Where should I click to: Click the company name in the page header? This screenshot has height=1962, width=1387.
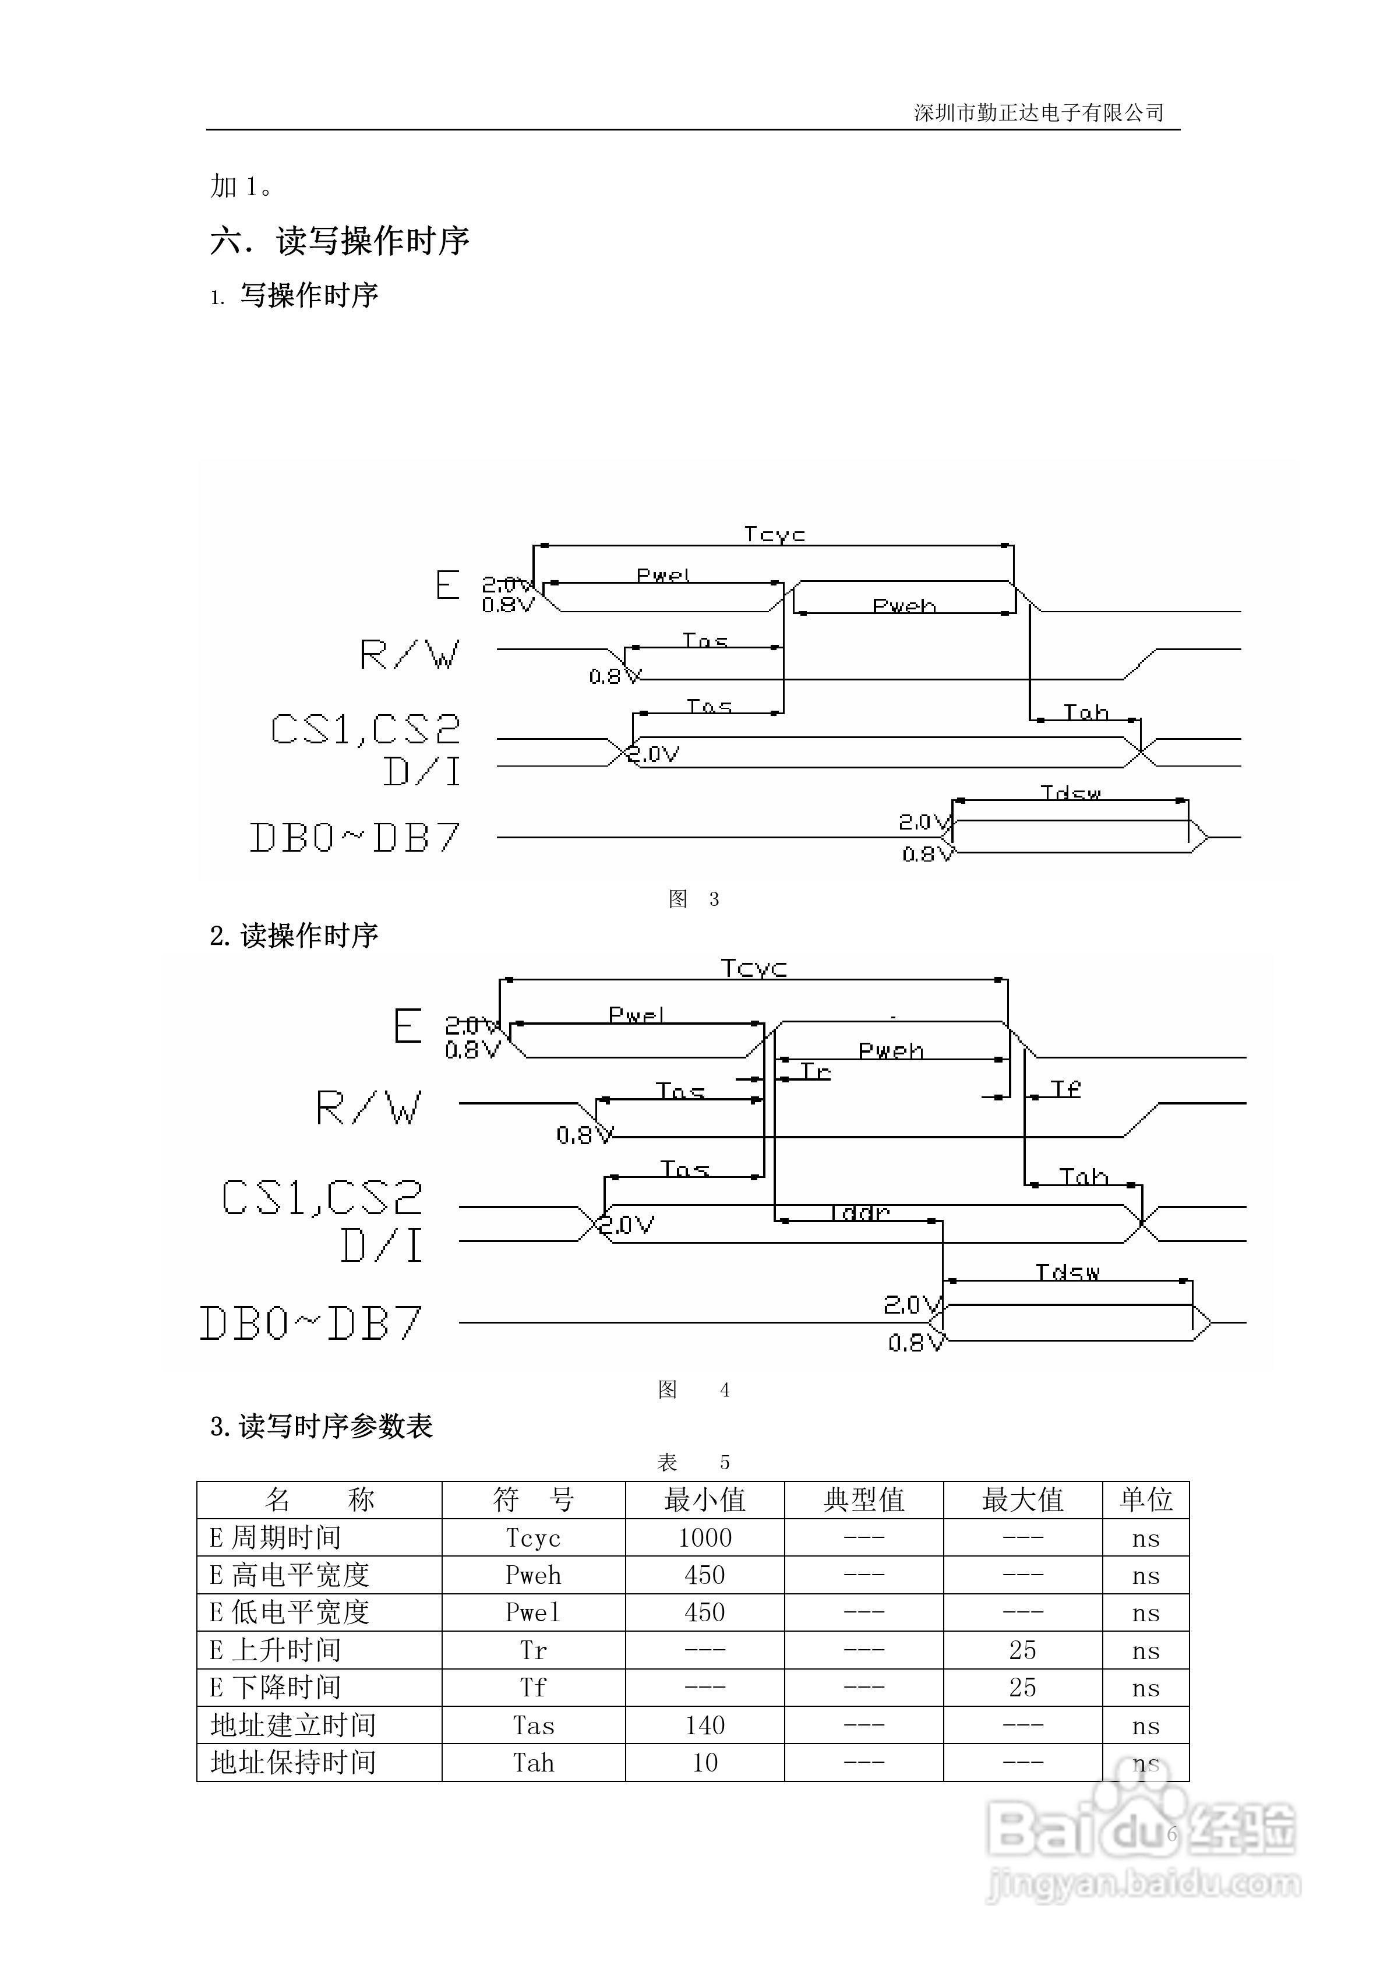coord(1038,113)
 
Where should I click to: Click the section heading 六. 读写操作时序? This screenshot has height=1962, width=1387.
coord(340,241)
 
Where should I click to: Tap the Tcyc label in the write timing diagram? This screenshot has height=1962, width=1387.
coord(774,535)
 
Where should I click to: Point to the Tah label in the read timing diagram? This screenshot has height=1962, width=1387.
coord(1083,1177)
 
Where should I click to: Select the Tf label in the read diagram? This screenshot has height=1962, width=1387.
coord(1065,1089)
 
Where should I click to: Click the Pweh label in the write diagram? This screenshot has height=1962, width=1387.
coord(904,606)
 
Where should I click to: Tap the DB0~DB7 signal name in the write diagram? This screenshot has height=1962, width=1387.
coord(355,838)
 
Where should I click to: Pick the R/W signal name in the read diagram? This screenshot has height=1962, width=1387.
coord(368,1109)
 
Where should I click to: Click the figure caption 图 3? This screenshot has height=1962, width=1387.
coord(693,899)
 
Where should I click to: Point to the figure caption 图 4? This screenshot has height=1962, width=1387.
coord(693,1389)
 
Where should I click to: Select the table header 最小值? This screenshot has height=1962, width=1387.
coord(704,1499)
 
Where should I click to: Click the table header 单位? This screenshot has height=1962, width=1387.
coord(1145,1499)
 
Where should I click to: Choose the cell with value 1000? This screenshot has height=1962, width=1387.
coord(704,1538)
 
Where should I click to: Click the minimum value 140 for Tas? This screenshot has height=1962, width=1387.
coord(704,1725)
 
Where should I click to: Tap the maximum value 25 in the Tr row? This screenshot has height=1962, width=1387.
coord(1022,1650)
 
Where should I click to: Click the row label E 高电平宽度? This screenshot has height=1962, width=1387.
coord(290,1575)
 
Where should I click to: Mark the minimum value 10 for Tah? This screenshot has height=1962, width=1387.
coord(704,1763)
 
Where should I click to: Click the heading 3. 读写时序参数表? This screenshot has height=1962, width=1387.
coord(322,1426)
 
